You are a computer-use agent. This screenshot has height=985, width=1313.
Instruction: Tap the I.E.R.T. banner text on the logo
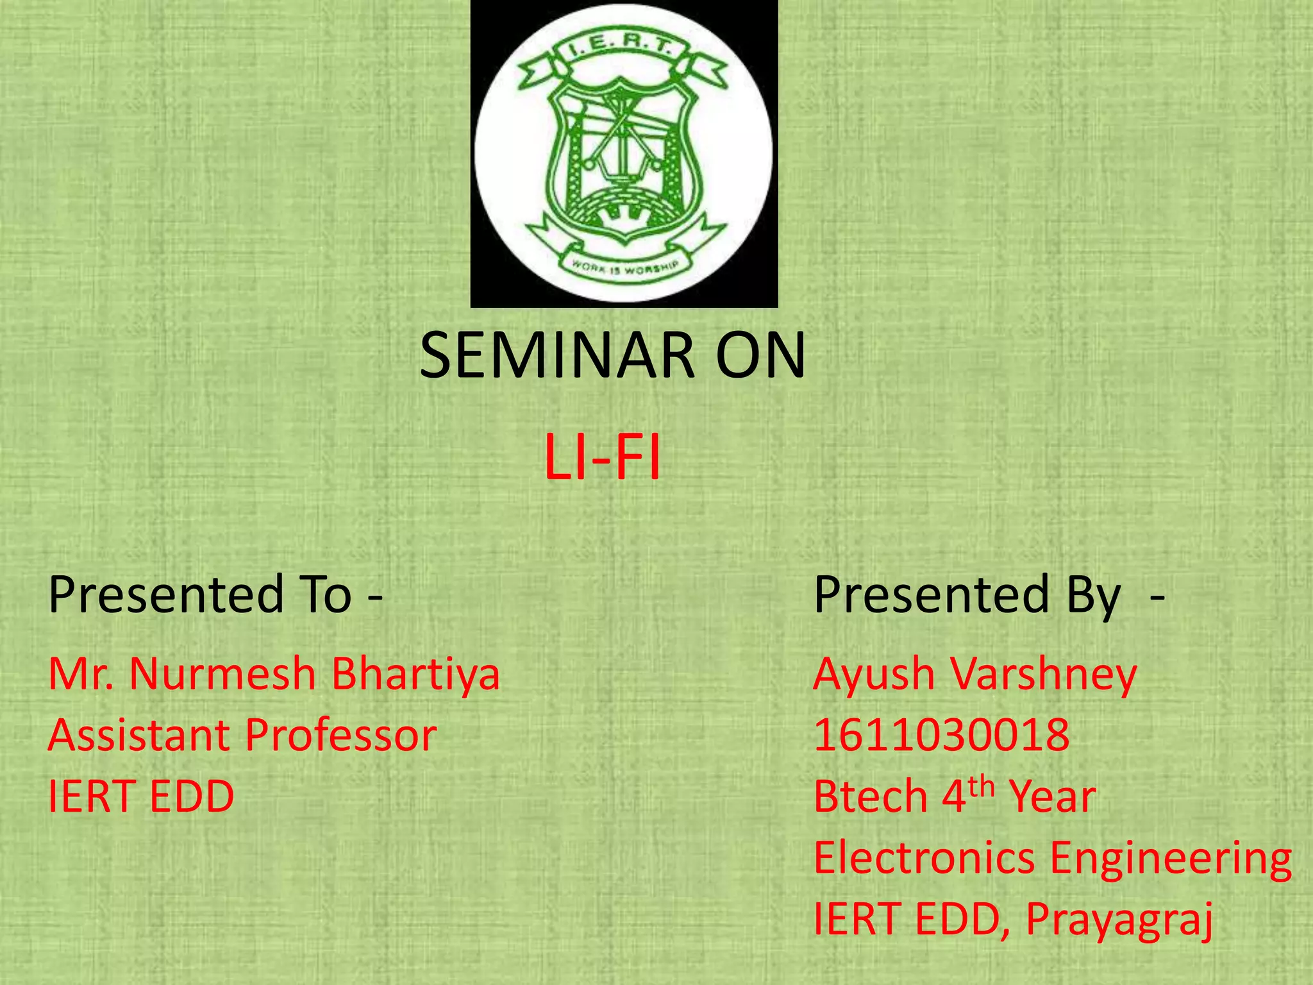pyautogui.click(x=621, y=50)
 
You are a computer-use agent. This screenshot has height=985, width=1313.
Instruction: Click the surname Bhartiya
pyautogui.click(x=415, y=675)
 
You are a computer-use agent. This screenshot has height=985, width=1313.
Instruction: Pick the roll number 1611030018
pyautogui.click(x=941, y=736)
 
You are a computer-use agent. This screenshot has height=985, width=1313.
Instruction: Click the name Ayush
pyautogui.click(x=874, y=675)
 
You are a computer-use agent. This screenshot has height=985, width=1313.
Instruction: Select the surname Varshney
pyautogui.click(x=1043, y=675)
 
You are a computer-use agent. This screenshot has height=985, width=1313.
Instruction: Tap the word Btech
pyautogui.click(x=870, y=797)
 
